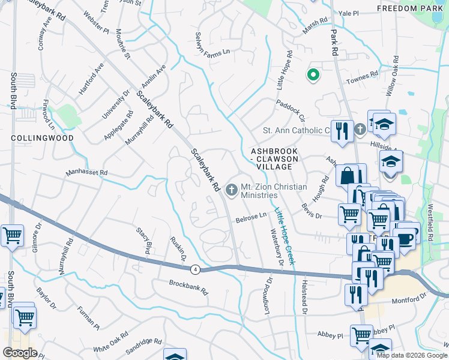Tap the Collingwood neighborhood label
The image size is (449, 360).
tap(42, 138)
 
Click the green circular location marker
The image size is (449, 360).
tap(313, 75)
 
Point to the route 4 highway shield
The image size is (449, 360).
tap(196, 269)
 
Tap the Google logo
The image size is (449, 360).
tap(20, 353)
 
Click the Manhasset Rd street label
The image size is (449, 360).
tap(86, 173)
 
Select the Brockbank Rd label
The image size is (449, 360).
tap(188, 287)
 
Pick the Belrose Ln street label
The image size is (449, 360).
tap(250, 217)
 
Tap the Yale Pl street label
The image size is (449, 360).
tap(348, 13)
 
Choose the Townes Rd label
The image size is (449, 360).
tap(365, 75)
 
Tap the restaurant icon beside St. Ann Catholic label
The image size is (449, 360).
tap(343, 130)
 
